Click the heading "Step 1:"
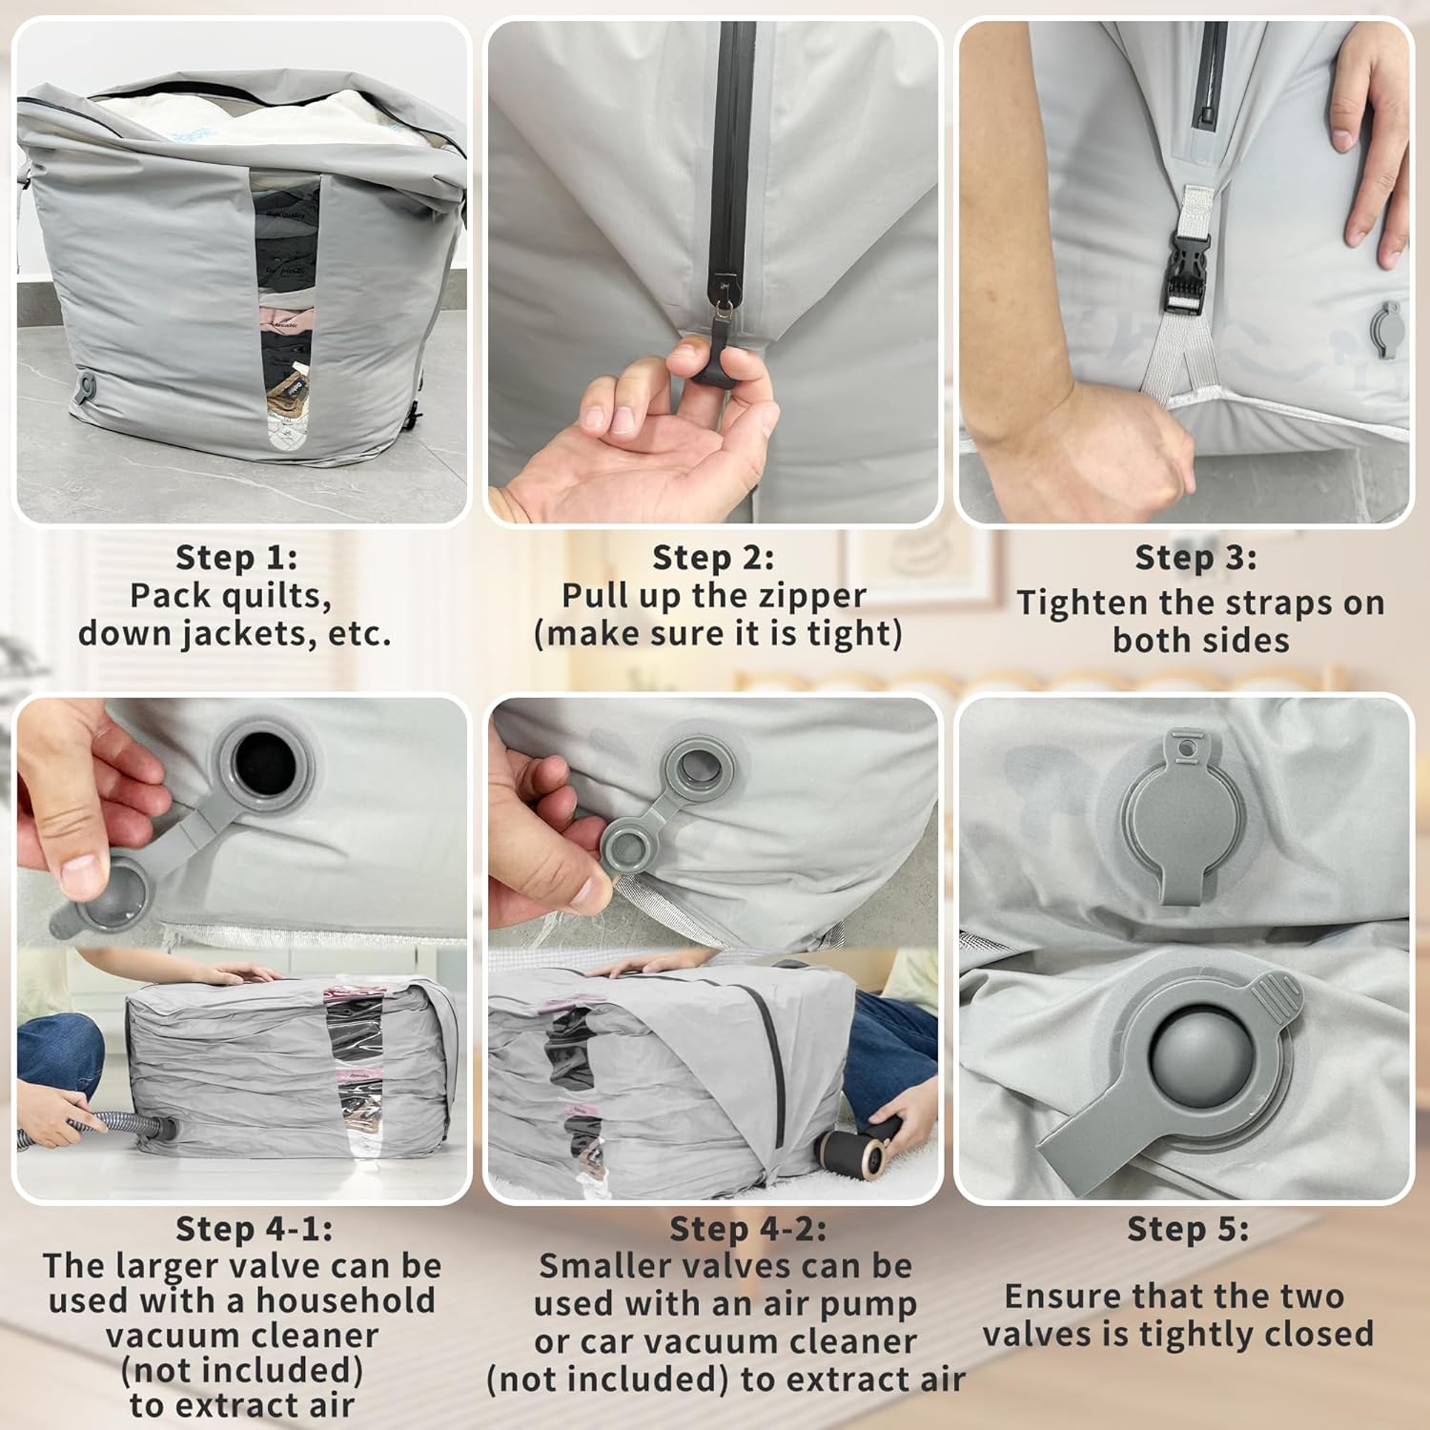(236, 557)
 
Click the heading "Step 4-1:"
(254, 1229)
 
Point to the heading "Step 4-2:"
(747, 1229)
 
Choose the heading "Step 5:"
(1187, 1229)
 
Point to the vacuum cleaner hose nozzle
(157, 1129)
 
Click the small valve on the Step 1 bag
(88, 387)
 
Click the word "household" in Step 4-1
(345, 1301)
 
